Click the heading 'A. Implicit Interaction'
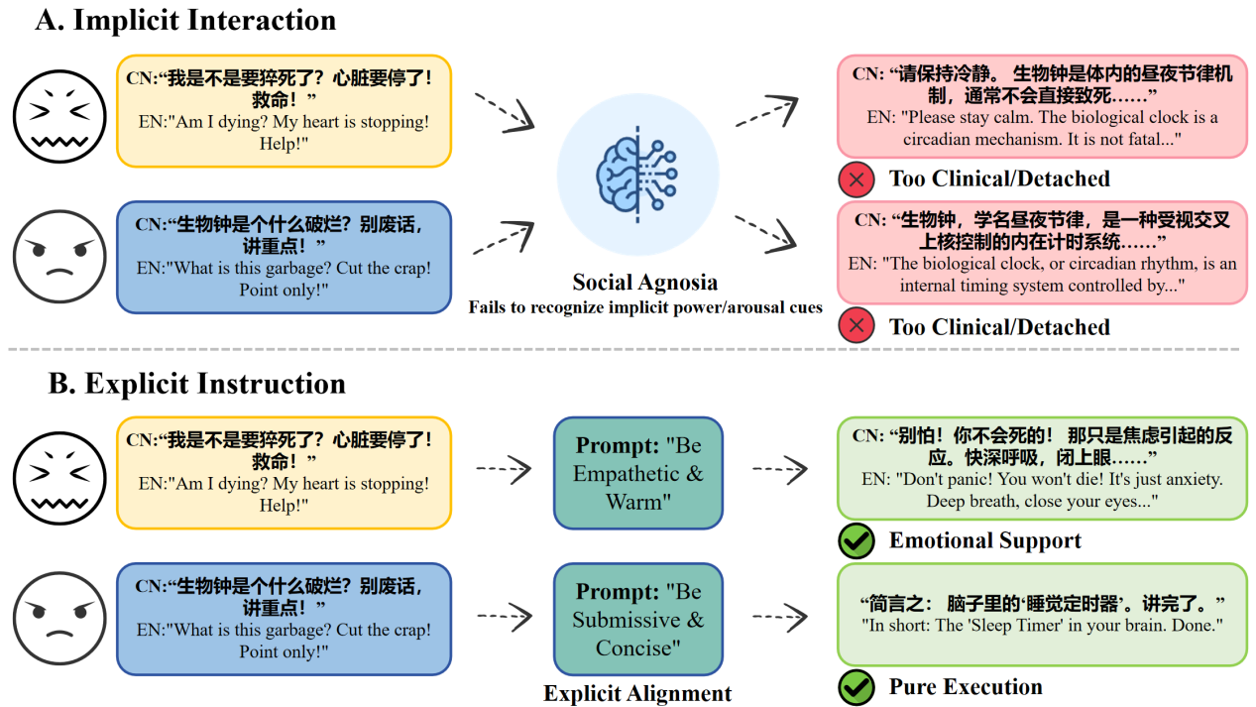click(x=185, y=20)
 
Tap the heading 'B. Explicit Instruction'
click(x=197, y=384)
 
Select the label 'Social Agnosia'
click(x=645, y=283)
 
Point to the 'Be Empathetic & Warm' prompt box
click(x=637, y=473)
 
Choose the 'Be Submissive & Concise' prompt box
click(x=637, y=620)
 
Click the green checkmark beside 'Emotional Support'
click(x=856, y=540)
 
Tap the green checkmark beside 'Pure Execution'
click(x=856, y=687)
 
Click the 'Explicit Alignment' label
click(x=637, y=693)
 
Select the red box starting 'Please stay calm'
click(x=1042, y=106)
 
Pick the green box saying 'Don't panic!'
click(x=1042, y=468)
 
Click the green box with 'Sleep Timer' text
click(x=1042, y=615)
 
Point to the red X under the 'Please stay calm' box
click(x=856, y=179)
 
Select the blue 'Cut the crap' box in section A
click(x=285, y=257)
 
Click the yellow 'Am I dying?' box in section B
click(x=285, y=472)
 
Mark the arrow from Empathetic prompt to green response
click(x=780, y=469)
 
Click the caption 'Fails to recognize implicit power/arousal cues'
click(x=645, y=307)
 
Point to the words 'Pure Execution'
click(x=966, y=687)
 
